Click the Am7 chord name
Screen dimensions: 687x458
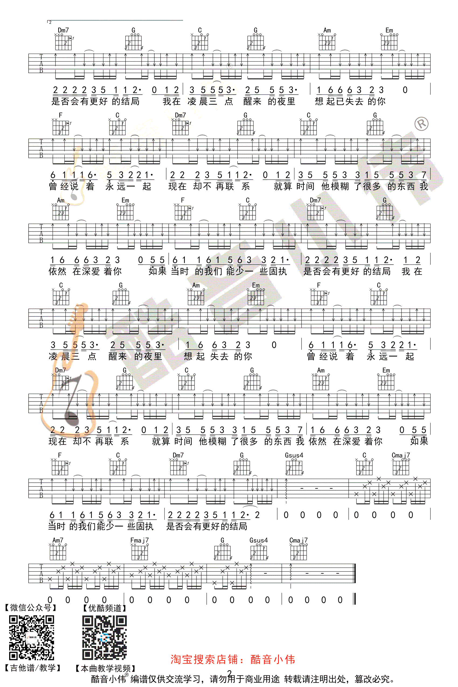58,540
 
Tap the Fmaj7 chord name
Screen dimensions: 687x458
139,540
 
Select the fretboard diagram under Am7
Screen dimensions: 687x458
58,552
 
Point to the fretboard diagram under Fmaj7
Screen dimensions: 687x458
140,552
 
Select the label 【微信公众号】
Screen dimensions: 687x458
31,608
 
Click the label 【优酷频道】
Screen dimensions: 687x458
105,608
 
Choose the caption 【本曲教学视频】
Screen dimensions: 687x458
105,668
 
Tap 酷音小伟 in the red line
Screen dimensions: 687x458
273,659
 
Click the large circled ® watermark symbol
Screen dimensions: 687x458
421,124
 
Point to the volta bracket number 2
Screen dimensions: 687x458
50,22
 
